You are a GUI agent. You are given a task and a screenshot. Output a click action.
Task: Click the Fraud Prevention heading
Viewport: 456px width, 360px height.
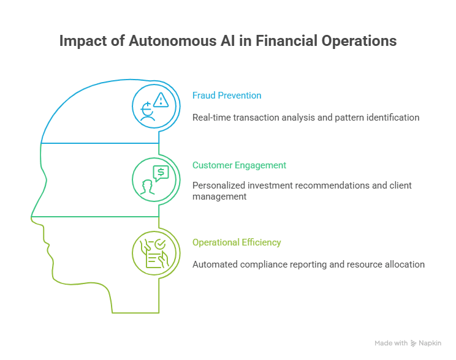[227, 96]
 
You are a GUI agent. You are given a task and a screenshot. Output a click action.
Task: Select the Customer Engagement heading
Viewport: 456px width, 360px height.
[239, 165]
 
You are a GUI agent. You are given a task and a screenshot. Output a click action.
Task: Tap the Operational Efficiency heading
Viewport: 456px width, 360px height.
[237, 242]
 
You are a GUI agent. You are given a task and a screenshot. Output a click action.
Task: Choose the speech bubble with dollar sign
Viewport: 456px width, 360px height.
[161, 173]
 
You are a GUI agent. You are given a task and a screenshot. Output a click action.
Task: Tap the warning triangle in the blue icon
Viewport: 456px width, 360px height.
[161, 100]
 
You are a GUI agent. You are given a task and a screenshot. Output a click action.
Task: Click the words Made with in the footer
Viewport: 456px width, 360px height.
[392, 343]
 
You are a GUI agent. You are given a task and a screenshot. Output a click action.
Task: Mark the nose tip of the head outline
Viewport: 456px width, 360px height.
[32, 216]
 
